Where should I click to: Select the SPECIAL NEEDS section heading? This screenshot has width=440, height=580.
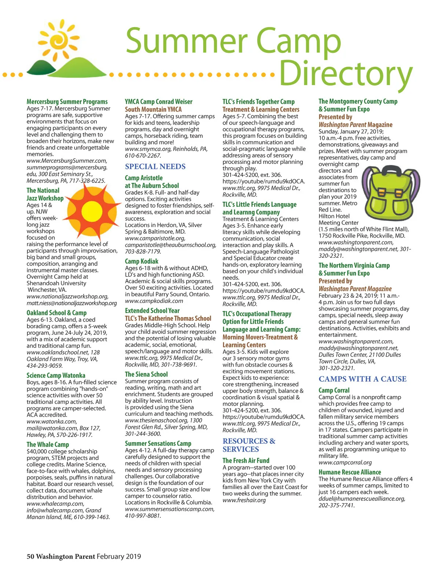pyautogui.click(x=155, y=166)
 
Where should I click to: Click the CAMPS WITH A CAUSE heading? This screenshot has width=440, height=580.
pyautogui.click(x=362, y=379)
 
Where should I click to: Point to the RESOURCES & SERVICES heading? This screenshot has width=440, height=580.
pyautogui.click(x=249, y=445)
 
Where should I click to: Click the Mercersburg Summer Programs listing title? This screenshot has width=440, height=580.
pyautogui.click(x=67, y=102)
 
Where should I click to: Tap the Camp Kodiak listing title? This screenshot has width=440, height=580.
pyautogui.click(x=142, y=261)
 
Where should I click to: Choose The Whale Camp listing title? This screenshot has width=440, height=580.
pyautogui.click(x=48, y=444)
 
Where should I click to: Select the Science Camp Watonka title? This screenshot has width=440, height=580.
pyautogui.click(x=56, y=375)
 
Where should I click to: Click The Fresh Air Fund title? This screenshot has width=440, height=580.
pyautogui.click(x=246, y=460)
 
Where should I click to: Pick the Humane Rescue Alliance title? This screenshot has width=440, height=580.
pyautogui.click(x=349, y=472)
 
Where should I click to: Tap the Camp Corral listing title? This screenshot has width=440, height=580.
pyautogui.click(x=334, y=390)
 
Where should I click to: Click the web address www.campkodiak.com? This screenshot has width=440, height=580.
pyautogui.click(x=154, y=301)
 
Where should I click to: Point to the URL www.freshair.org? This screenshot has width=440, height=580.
pyautogui.click(x=244, y=500)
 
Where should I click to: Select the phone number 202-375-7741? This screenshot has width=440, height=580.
pyautogui.click(x=336, y=505)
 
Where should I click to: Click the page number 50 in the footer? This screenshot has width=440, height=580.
pyautogui.click(x=30, y=557)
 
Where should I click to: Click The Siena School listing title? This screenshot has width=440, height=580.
pyautogui.click(x=146, y=374)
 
